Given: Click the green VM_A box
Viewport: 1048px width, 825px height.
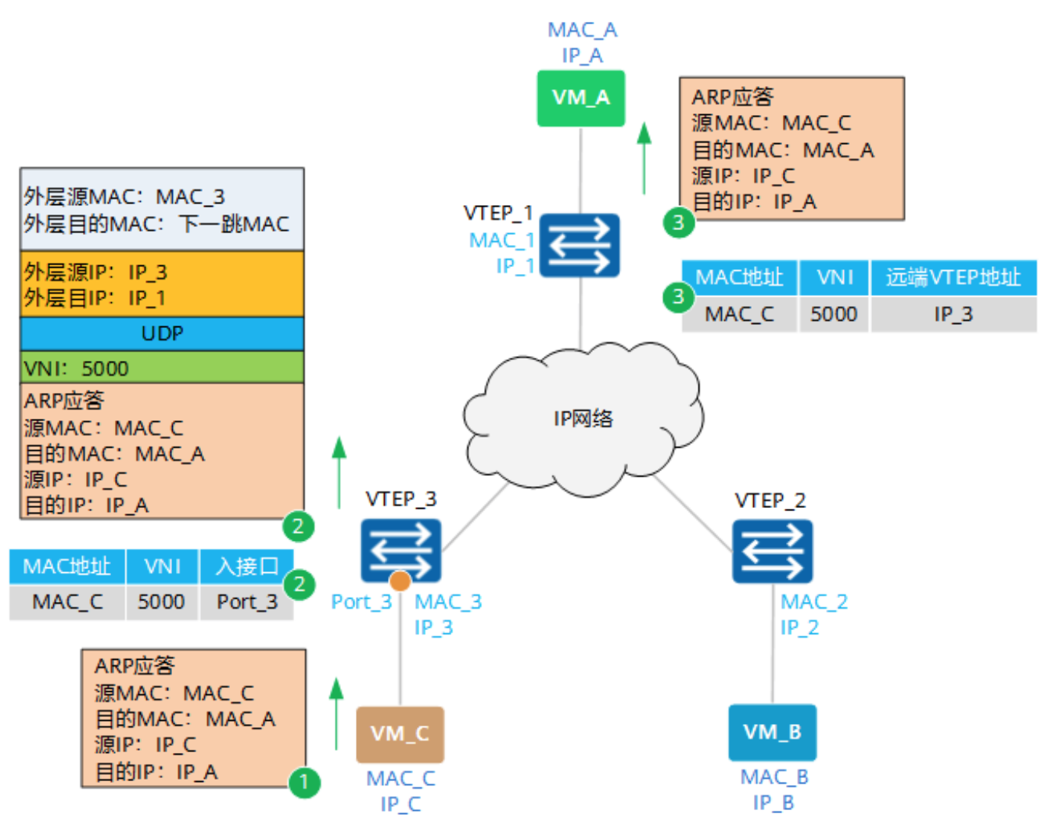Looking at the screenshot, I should (580, 98).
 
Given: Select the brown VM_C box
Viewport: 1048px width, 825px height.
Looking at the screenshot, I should (400, 733).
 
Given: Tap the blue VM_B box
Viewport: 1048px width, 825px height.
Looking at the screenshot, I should (772, 732).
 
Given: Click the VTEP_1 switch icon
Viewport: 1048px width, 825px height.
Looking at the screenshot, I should (580, 245).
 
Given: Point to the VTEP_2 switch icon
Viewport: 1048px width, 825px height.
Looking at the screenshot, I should (772, 551).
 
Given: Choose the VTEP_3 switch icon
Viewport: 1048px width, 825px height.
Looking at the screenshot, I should (400, 549).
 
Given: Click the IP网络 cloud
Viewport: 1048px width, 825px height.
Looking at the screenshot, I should (583, 419).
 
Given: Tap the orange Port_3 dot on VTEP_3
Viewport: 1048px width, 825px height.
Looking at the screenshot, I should (400, 581).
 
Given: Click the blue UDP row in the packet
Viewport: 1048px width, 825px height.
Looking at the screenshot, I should (162, 333).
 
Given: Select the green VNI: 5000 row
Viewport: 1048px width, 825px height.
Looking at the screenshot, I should (162, 367).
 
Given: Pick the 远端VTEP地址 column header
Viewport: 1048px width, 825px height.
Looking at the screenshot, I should (953, 277).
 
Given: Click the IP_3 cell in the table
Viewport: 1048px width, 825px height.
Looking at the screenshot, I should (953, 314).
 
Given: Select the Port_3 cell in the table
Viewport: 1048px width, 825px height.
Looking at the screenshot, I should (246, 602).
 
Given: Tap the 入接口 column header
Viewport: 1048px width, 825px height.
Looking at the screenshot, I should (246, 566).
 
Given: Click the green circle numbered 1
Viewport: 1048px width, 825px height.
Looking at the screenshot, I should (304, 782).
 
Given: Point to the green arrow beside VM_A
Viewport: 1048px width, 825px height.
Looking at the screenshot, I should (644, 158).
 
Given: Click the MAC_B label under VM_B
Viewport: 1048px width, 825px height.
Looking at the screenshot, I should (773, 776).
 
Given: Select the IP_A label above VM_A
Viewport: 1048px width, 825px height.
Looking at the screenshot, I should (582, 56).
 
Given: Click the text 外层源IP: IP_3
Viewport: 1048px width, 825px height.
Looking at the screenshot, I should (95, 272).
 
